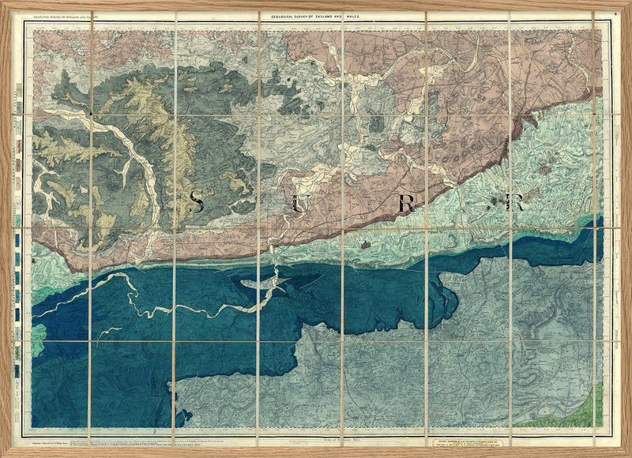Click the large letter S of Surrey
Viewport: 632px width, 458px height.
pos(197,202)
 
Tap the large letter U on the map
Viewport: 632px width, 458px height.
pos(297,203)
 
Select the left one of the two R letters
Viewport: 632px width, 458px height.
pos(406,203)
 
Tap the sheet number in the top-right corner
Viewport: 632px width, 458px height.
pos(615,14)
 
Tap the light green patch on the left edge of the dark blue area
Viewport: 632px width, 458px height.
pos(37,338)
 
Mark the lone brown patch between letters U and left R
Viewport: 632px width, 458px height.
pos(364,245)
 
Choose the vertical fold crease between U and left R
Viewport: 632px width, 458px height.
pos(343,205)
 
